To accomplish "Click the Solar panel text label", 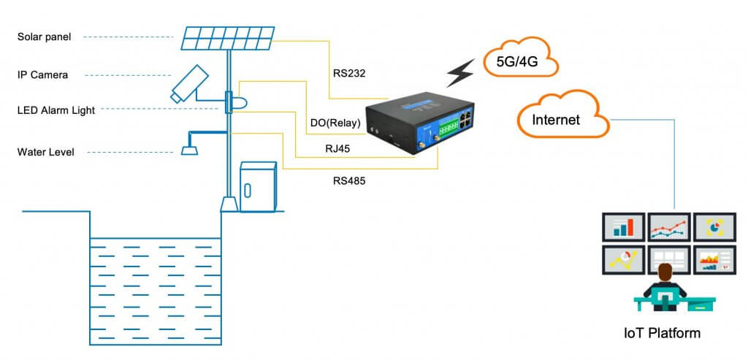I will coord(45,37).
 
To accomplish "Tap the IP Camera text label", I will coord(42,74).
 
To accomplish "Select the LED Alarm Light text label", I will coord(56,110).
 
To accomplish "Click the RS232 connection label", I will coord(348,73).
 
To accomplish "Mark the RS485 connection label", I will coord(349,180).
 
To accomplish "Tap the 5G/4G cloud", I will coord(521,61).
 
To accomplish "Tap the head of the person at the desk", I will coord(665,272).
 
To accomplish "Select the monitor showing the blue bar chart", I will coord(623,227).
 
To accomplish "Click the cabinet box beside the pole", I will coord(258,187).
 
